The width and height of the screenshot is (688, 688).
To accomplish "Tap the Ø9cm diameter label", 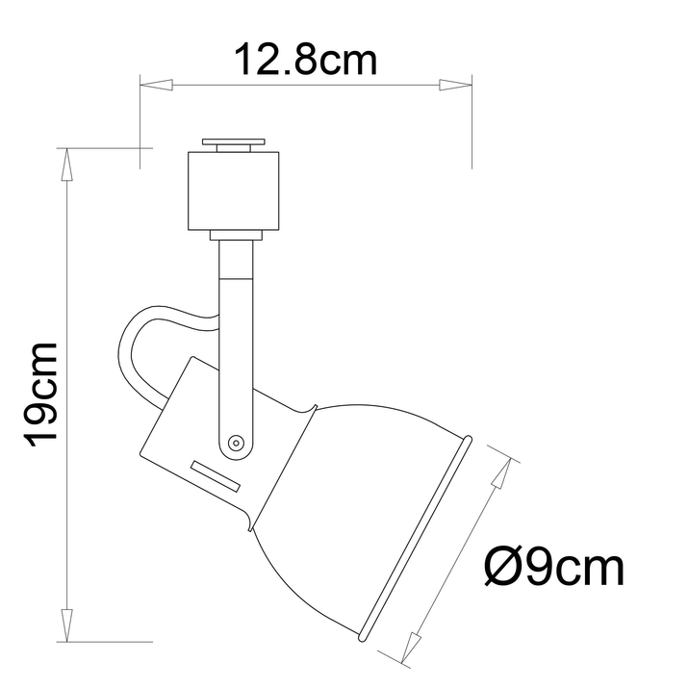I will (552, 569).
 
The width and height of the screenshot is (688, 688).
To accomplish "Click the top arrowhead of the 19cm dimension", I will (66, 166).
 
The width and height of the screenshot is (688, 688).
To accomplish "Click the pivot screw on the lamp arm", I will (235, 443).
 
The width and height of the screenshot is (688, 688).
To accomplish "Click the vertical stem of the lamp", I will (234, 327).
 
